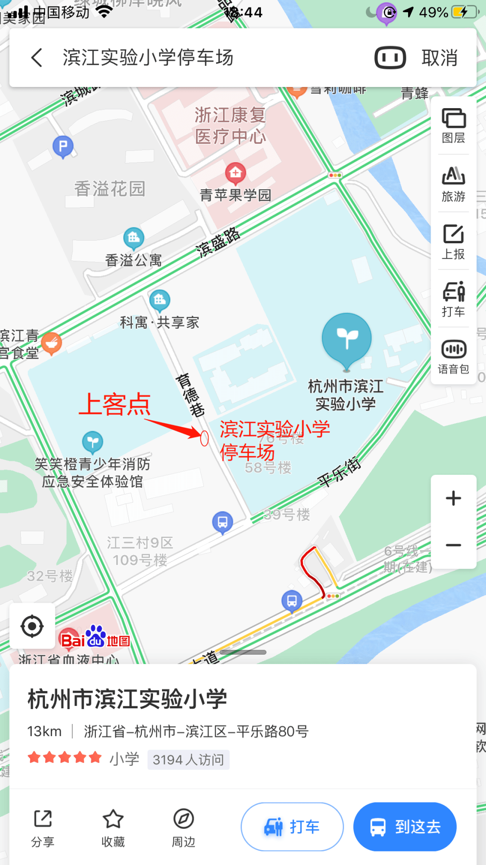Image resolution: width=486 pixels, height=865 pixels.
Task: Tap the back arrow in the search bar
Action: click(37, 58)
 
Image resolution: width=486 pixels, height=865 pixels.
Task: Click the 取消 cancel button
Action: click(439, 58)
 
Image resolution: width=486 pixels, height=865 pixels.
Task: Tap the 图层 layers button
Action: click(454, 125)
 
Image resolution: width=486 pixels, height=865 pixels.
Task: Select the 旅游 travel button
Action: click(454, 183)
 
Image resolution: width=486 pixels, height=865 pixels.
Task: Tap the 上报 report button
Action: click(454, 241)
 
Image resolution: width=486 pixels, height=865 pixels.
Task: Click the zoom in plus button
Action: click(454, 498)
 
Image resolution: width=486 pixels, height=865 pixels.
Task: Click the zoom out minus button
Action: click(454, 545)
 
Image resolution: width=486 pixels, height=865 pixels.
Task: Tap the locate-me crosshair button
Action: click(32, 626)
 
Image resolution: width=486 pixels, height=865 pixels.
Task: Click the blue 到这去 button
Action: click(405, 827)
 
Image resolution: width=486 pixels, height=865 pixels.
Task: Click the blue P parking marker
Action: click(63, 146)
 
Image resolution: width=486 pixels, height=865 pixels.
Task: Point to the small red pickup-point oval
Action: click(204, 438)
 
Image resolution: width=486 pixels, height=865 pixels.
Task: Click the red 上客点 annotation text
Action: click(115, 404)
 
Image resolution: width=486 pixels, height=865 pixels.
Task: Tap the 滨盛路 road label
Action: click(218, 242)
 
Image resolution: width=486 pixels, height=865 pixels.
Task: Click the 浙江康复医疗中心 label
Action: click(230, 126)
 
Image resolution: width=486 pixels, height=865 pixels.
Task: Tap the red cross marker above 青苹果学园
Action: click(235, 173)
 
